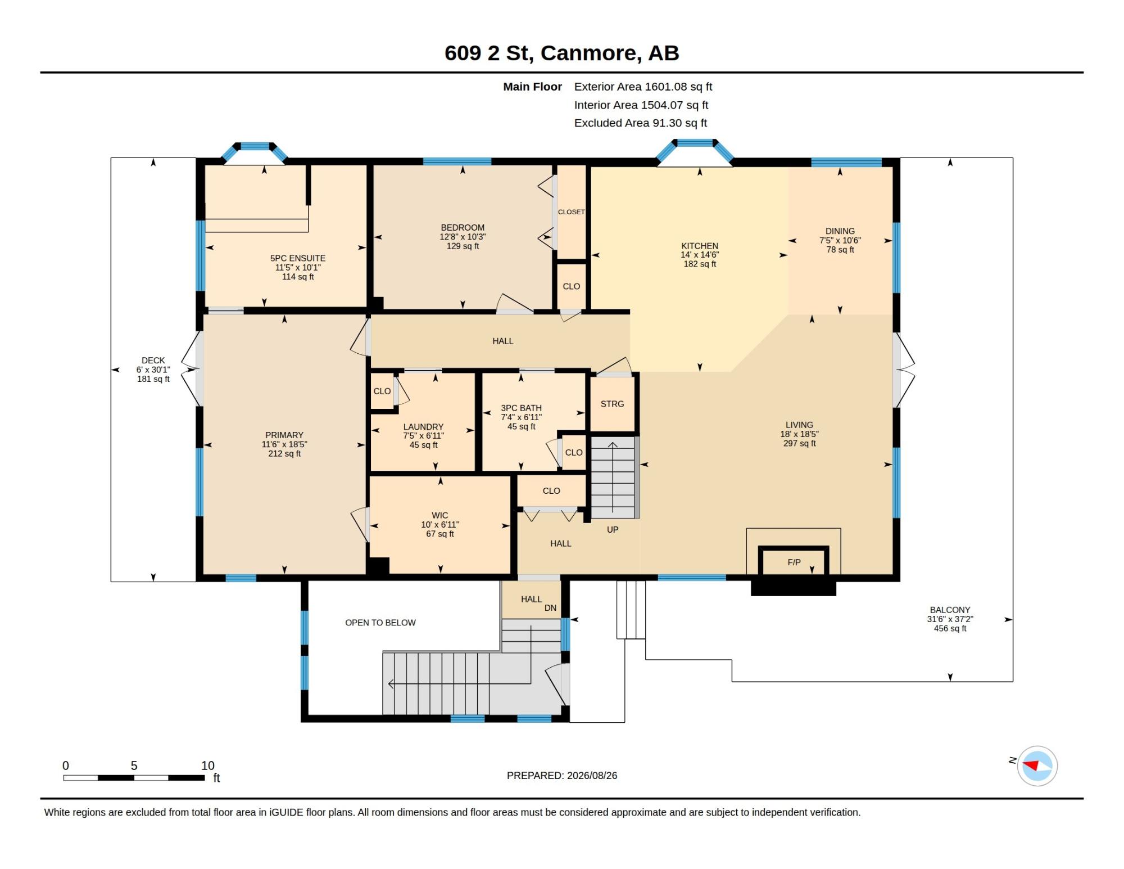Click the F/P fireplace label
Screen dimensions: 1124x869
794,562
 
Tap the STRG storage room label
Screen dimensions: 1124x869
612,404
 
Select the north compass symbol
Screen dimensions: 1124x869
1037,766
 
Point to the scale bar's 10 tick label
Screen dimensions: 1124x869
208,766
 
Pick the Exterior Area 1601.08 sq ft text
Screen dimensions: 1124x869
643,87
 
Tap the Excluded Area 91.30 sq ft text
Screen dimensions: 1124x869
640,123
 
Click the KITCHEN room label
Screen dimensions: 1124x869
700,246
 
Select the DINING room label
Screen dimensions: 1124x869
840,231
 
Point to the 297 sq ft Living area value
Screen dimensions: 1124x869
799,443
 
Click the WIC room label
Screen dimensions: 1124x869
440,515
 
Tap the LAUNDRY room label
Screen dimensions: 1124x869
423,427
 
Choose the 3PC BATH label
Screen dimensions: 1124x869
521,408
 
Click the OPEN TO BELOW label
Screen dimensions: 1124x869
380,623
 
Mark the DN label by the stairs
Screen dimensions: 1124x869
550,608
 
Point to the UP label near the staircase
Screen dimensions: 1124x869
613,529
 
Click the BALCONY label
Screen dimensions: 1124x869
950,610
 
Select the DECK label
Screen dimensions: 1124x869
153,361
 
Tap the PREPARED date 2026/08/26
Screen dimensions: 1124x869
592,776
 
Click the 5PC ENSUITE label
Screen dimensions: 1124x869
298,258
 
